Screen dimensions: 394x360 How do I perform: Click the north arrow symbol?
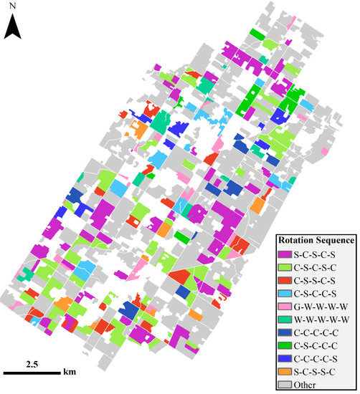(13, 27)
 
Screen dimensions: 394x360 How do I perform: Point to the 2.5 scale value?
(32, 364)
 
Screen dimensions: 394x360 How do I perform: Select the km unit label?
(69, 373)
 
